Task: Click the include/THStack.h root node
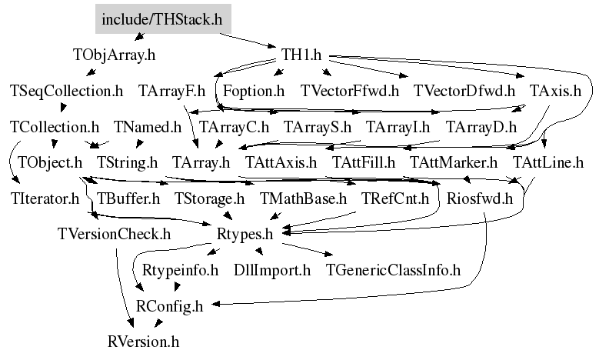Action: click(x=161, y=18)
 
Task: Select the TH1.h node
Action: click(x=301, y=55)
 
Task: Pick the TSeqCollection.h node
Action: click(x=66, y=91)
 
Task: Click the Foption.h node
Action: click(x=254, y=91)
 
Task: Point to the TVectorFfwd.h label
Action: click(x=350, y=91)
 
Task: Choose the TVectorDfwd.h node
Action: click(x=464, y=91)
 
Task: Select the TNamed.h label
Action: click(x=147, y=126)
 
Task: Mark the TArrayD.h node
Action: click(x=481, y=126)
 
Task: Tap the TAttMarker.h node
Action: click(x=454, y=162)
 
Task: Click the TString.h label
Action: click(x=127, y=162)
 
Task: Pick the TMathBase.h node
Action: click(x=304, y=198)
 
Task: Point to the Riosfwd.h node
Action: click(x=479, y=198)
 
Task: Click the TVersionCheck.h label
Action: click(x=114, y=234)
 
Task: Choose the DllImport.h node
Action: click(x=272, y=270)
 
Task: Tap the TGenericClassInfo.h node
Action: click(x=393, y=270)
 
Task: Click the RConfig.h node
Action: click(x=169, y=305)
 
